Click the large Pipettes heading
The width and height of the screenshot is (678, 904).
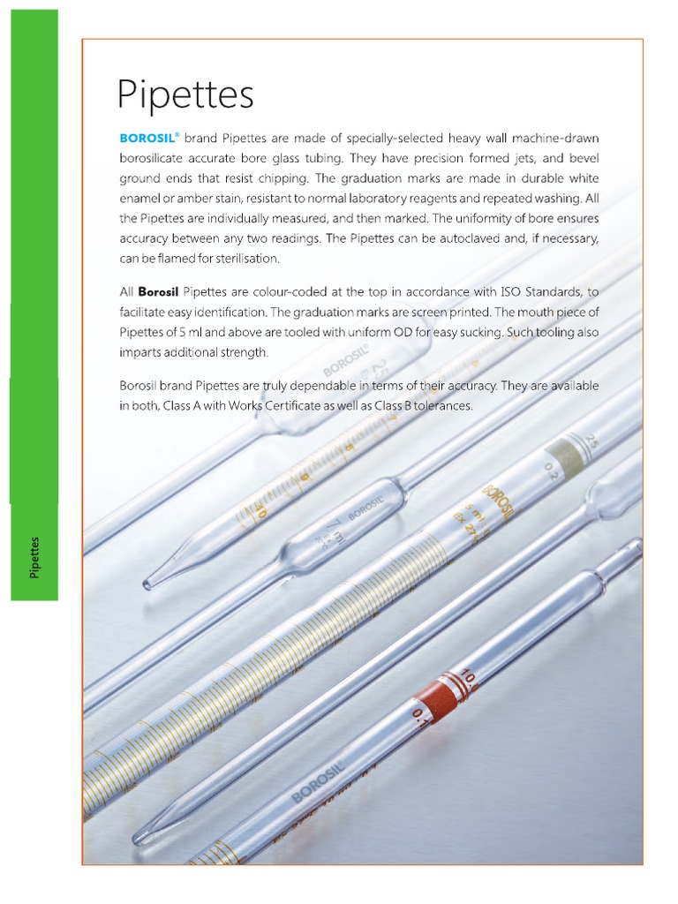click(x=186, y=95)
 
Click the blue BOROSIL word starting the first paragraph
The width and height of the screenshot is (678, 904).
click(x=147, y=139)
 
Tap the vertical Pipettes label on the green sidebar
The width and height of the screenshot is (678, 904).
click(x=34, y=557)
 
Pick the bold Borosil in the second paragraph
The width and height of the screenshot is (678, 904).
click(x=159, y=292)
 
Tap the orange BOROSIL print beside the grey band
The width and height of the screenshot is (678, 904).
click(x=496, y=502)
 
